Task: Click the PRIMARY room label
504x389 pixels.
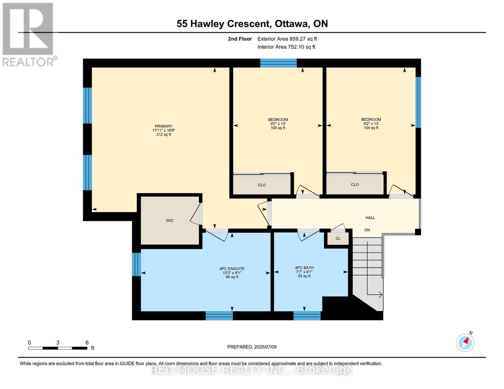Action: (x=163, y=126)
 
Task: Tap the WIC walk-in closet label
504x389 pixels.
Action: (x=169, y=220)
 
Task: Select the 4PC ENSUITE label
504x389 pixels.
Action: (x=232, y=269)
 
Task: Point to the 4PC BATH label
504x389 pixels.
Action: (x=304, y=268)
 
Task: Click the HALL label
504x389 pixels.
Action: (x=370, y=218)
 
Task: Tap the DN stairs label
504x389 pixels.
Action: (x=367, y=230)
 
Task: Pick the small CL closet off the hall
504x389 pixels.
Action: (x=338, y=239)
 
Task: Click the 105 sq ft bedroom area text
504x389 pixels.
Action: (x=277, y=128)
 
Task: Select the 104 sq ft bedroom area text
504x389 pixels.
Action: (x=371, y=128)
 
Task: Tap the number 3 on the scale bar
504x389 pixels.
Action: (x=57, y=342)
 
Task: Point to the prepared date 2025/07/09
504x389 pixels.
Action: (x=265, y=347)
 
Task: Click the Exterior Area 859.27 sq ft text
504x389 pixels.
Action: (x=287, y=39)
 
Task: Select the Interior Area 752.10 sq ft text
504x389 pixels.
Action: (x=286, y=47)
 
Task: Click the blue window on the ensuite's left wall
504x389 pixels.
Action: (x=136, y=264)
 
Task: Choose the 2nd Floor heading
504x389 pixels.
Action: (x=240, y=39)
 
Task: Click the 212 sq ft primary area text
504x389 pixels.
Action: (x=164, y=135)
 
